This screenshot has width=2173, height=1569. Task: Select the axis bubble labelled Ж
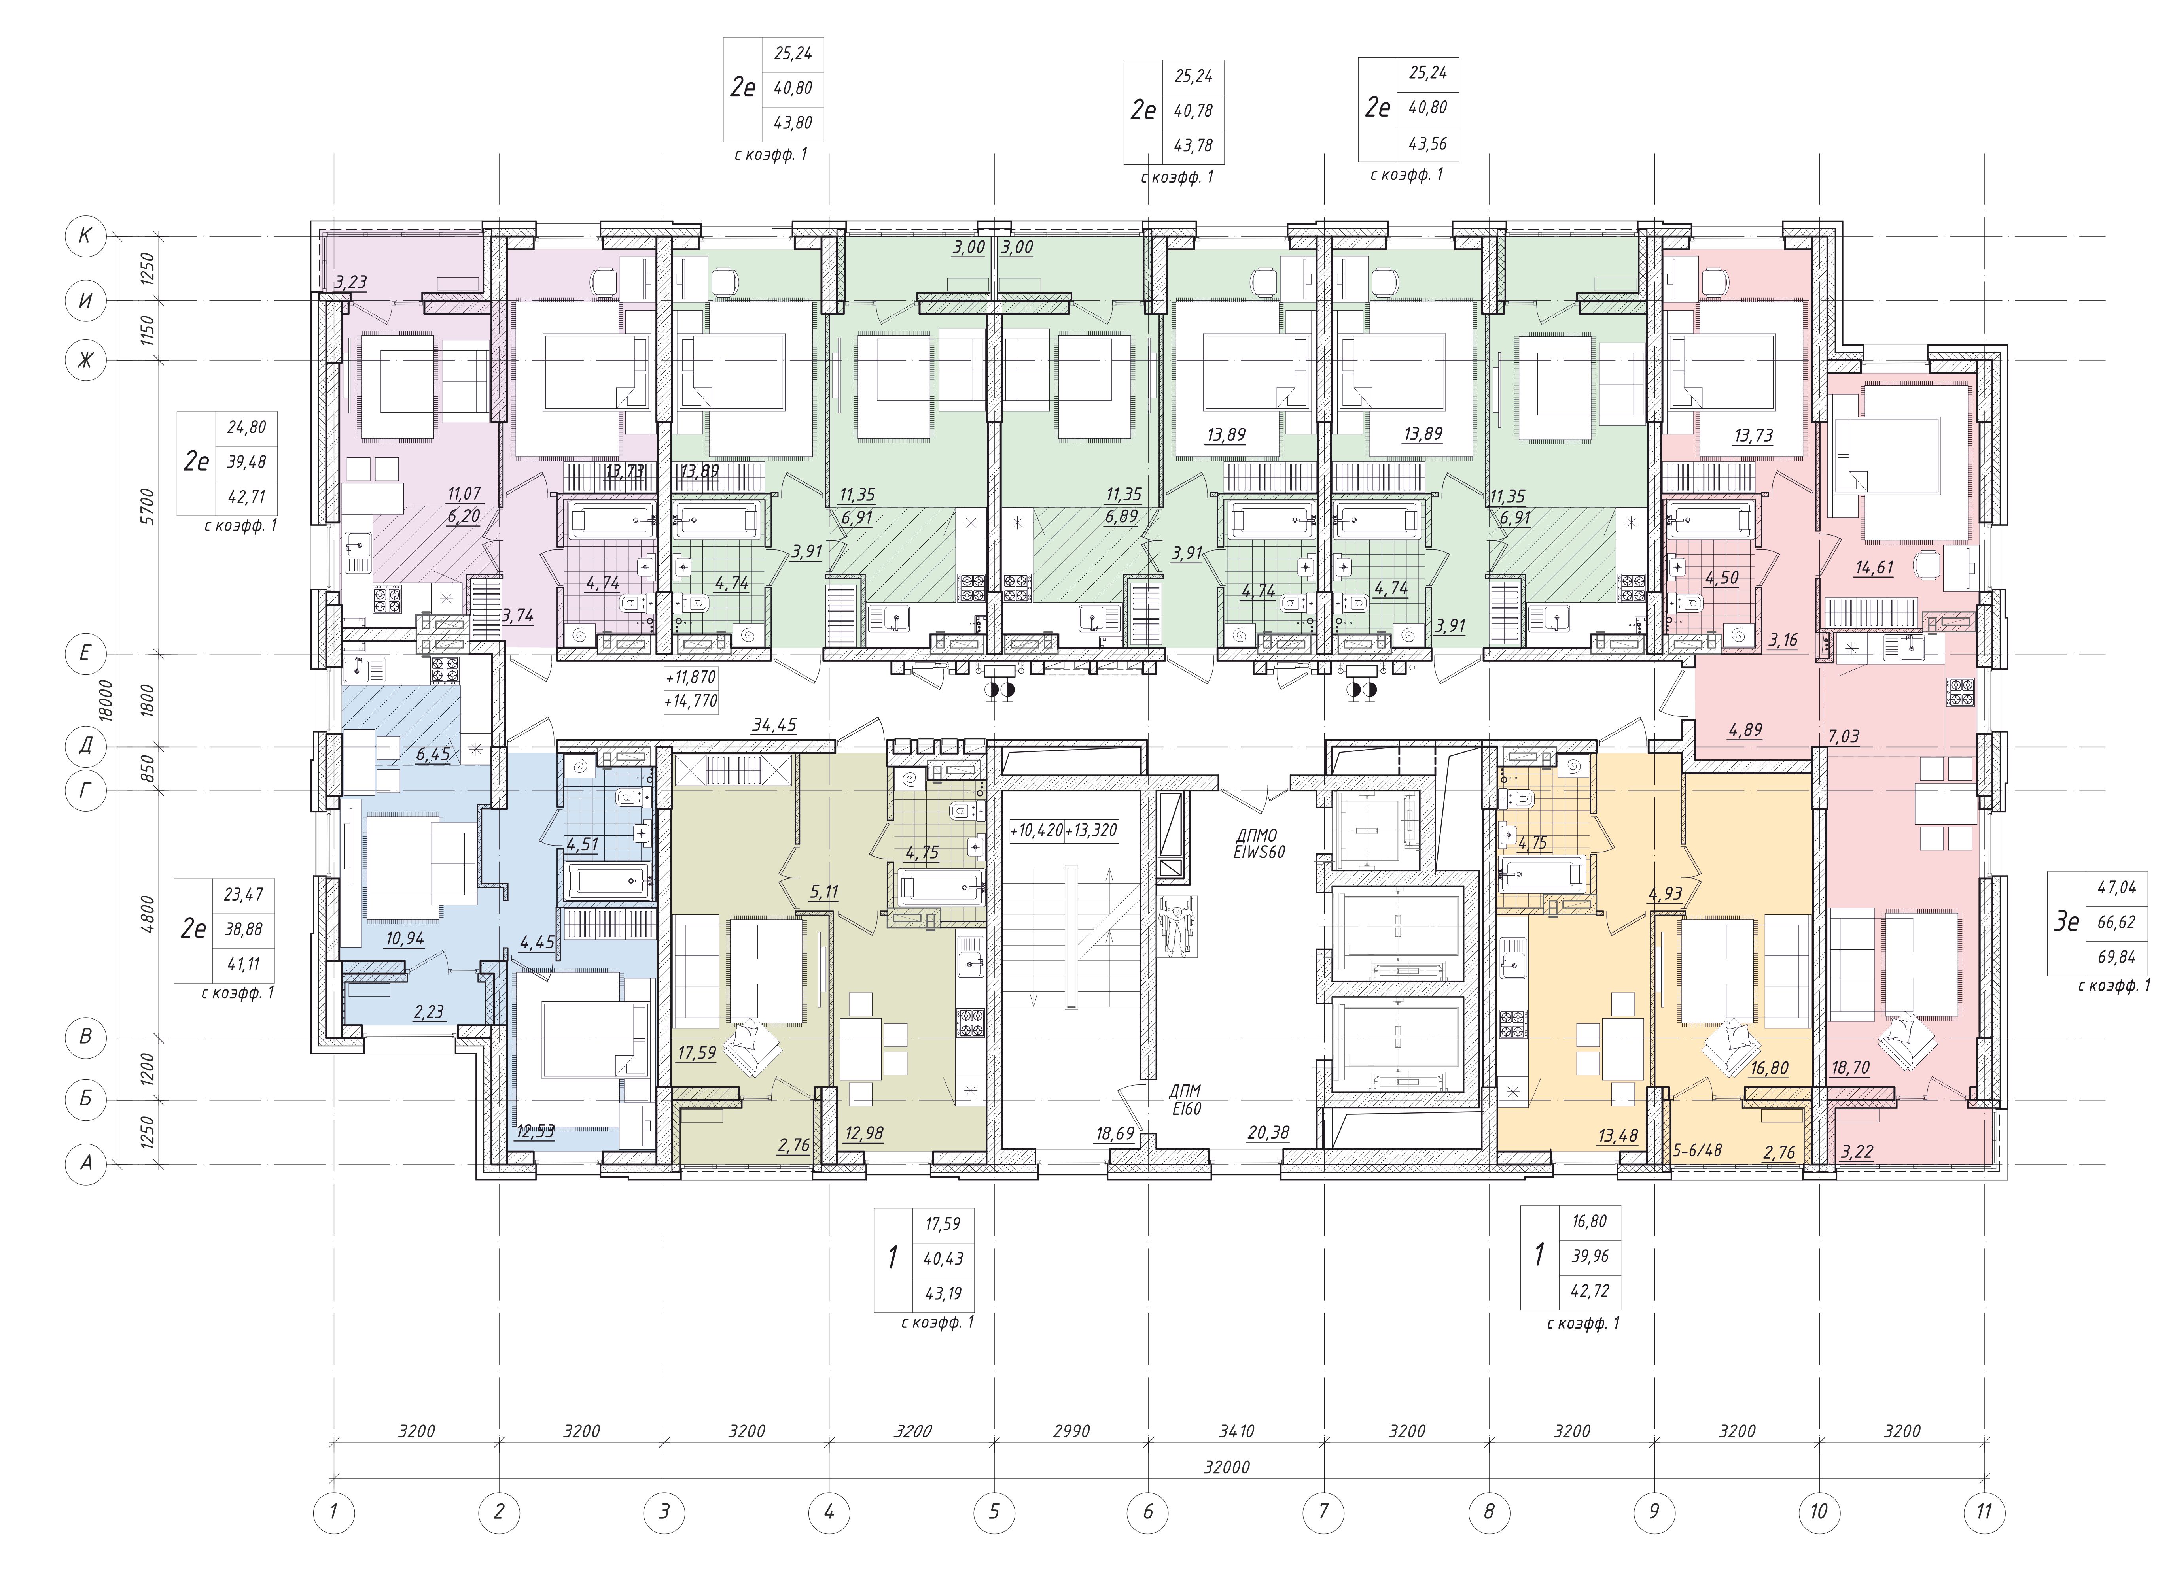[x=85, y=361]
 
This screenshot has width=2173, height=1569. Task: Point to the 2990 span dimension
[x=1071, y=1431]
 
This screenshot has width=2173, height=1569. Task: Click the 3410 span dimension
[x=1236, y=1431]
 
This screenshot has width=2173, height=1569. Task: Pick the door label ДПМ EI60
[x=1185, y=1100]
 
